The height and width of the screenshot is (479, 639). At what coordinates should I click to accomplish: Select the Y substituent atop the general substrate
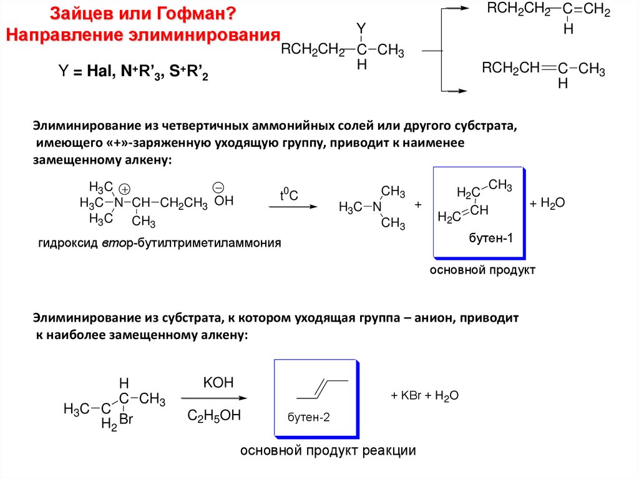[x=360, y=27]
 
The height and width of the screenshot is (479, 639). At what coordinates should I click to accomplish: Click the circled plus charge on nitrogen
[x=124, y=189]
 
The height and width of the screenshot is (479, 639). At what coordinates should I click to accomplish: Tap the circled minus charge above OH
[x=218, y=187]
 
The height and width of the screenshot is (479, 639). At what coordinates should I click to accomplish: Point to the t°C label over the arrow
[x=288, y=195]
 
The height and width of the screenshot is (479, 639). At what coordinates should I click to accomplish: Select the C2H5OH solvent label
[x=214, y=415]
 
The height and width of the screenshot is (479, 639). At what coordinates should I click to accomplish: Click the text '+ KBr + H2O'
[x=425, y=395]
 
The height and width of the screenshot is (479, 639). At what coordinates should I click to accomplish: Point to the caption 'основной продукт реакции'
[x=328, y=450]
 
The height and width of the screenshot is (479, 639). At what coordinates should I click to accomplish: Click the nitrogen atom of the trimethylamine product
[x=376, y=207]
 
